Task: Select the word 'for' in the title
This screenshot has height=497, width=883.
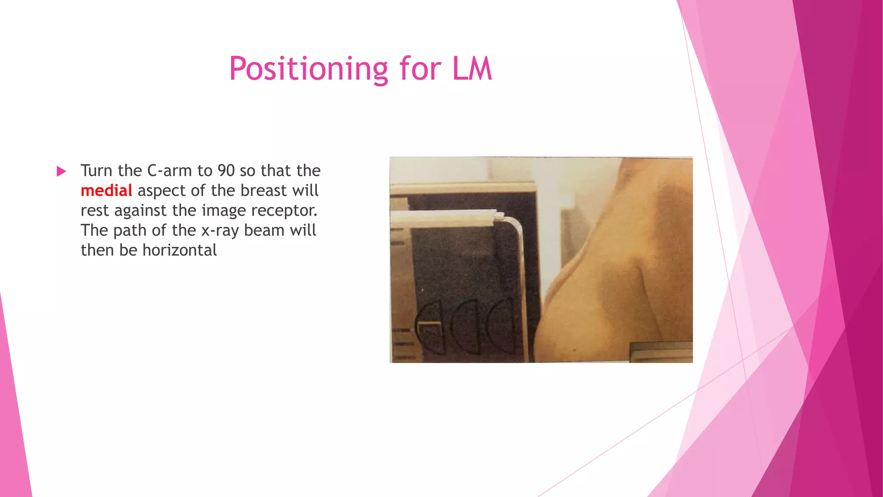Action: point(420,69)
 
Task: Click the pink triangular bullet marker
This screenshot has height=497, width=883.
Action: point(61,171)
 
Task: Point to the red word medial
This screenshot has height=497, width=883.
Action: point(106,191)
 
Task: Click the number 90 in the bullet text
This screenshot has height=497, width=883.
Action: point(226,171)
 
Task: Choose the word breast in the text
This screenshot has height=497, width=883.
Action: point(263,191)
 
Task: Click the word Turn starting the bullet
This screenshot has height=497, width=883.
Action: point(97,171)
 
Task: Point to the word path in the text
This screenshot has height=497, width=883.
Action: point(128,230)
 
